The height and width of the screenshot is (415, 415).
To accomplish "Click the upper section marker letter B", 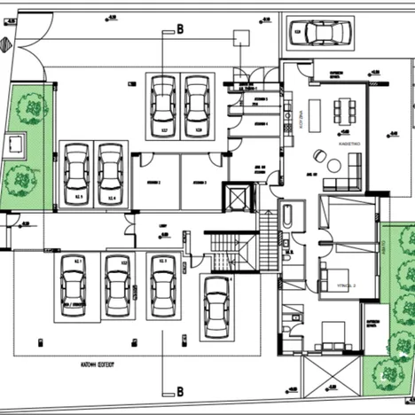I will click(x=179, y=29).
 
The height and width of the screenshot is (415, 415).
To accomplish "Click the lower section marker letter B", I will click(x=179, y=390).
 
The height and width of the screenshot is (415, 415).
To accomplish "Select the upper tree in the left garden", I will click(x=34, y=108).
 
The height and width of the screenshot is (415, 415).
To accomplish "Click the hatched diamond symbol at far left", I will click(x=10, y=24).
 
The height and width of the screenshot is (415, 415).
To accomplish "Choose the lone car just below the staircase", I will click(x=216, y=307).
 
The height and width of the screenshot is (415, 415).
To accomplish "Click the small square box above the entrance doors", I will click(x=239, y=38).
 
